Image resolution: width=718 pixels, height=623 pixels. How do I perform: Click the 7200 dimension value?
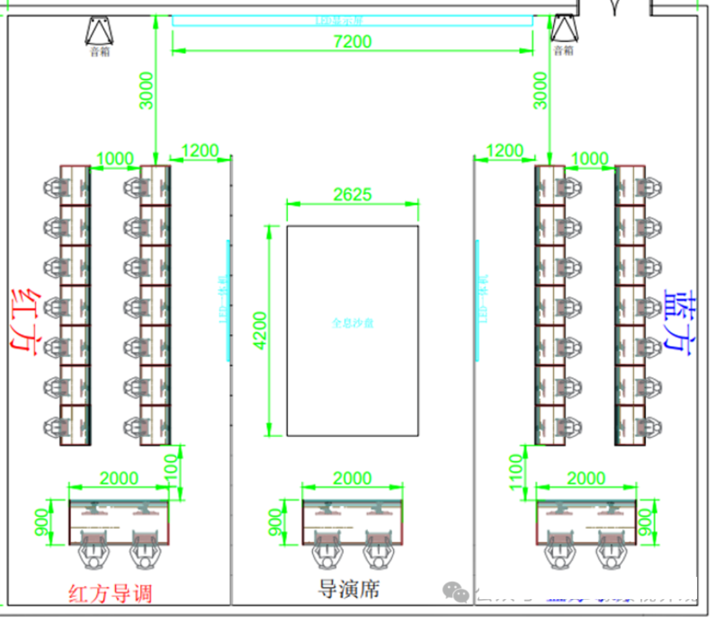click(x=352, y=41)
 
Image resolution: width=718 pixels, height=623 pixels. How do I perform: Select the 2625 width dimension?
click(x=352, y=195)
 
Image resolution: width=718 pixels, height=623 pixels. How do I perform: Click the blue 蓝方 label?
click(x=680, y=323)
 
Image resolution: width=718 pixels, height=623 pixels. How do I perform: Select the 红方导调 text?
click(x=111, y=594)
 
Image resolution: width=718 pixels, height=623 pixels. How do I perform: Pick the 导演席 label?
click(x=348, y=589)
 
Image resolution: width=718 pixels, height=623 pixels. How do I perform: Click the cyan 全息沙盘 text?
click(x=352, y=323)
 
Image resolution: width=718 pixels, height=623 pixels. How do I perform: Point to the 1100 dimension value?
click(x=516, y=472)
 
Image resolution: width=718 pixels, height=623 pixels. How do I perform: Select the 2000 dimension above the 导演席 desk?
click(x=352, y=478)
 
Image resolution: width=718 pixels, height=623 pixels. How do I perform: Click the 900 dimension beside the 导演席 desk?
click(x=275, y=522)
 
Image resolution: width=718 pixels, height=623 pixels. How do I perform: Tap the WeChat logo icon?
click(x=456, y=592)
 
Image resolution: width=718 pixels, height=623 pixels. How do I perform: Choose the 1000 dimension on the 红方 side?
click(x=115, y=159)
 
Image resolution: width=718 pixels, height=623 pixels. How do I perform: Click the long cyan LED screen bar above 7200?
click(x=352, y=21)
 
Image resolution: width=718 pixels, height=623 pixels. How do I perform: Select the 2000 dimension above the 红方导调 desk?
click(x=119, y=478)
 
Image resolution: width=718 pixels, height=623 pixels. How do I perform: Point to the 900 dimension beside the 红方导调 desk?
click(x=41, y=522)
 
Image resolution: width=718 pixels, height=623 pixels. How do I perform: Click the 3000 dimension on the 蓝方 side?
click(x=540, y=91)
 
